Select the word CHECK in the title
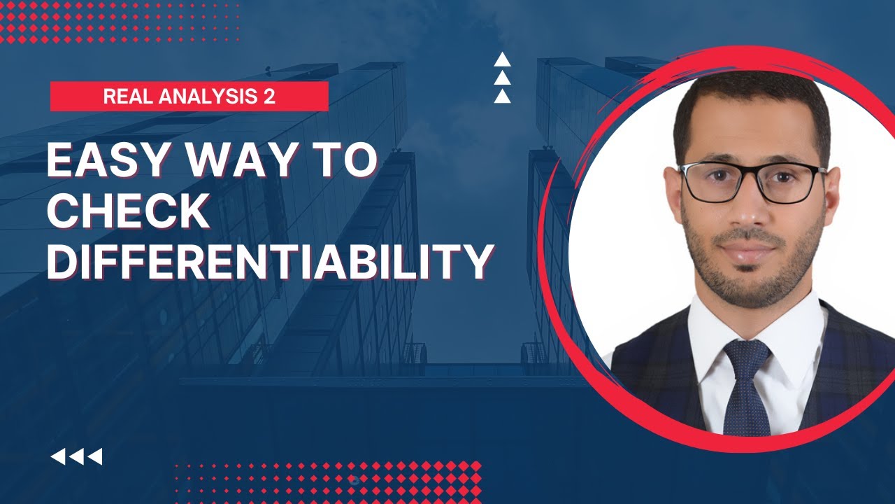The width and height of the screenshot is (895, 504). coord(129,212)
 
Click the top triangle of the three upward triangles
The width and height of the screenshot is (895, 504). coord(502,60)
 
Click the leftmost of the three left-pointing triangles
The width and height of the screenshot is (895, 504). coord(58,457)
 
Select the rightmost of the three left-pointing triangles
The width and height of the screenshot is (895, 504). coord(95,457)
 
